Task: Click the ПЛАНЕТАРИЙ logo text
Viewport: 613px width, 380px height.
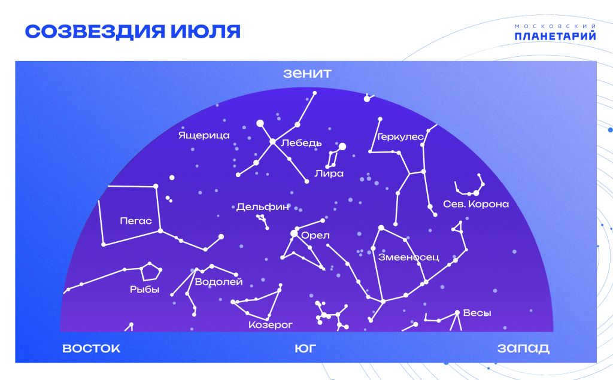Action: coord(555,36)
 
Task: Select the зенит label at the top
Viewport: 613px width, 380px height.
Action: coord(307,74)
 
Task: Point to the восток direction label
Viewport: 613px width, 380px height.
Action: coord(91,348)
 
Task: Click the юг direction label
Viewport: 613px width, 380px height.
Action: coord(305,348)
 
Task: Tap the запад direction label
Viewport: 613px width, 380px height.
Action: coord(523,348)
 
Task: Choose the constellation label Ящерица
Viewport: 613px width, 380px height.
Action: coord(204,136)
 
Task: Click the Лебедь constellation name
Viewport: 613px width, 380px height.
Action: coord(302,143)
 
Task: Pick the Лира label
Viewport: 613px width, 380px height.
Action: coord(329,173)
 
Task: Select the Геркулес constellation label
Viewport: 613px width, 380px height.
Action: coord(400,137)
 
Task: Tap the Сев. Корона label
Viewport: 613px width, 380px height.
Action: coord(476,204)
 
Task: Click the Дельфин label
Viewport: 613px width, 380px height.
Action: coord(263,207)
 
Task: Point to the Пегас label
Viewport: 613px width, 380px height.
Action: coord(136,221)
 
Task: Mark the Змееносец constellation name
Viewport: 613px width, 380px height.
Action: coord(408,257)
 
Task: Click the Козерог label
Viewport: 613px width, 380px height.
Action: coord(271,325)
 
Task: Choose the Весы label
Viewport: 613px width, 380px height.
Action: coord(477,313)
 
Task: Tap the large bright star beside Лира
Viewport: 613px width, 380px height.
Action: coord(342,147)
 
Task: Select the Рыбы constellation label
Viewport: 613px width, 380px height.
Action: coord(145,290)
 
